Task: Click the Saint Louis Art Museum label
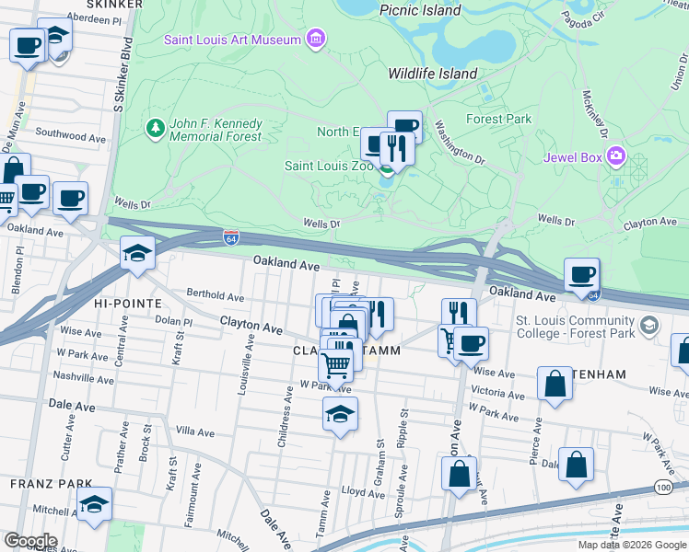tap(233, 40)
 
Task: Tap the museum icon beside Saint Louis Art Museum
tap(316, 39)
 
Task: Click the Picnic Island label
tap(420, 10)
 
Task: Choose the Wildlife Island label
tap(432, 74)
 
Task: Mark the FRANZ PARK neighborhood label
tap(51, 483)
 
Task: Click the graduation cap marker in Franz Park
tap(94, 504)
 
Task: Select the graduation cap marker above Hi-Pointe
tap(137, 253)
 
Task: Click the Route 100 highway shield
tap(663, 486)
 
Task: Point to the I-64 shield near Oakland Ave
tap(230, 237)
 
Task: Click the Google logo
tap(30, 541)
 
